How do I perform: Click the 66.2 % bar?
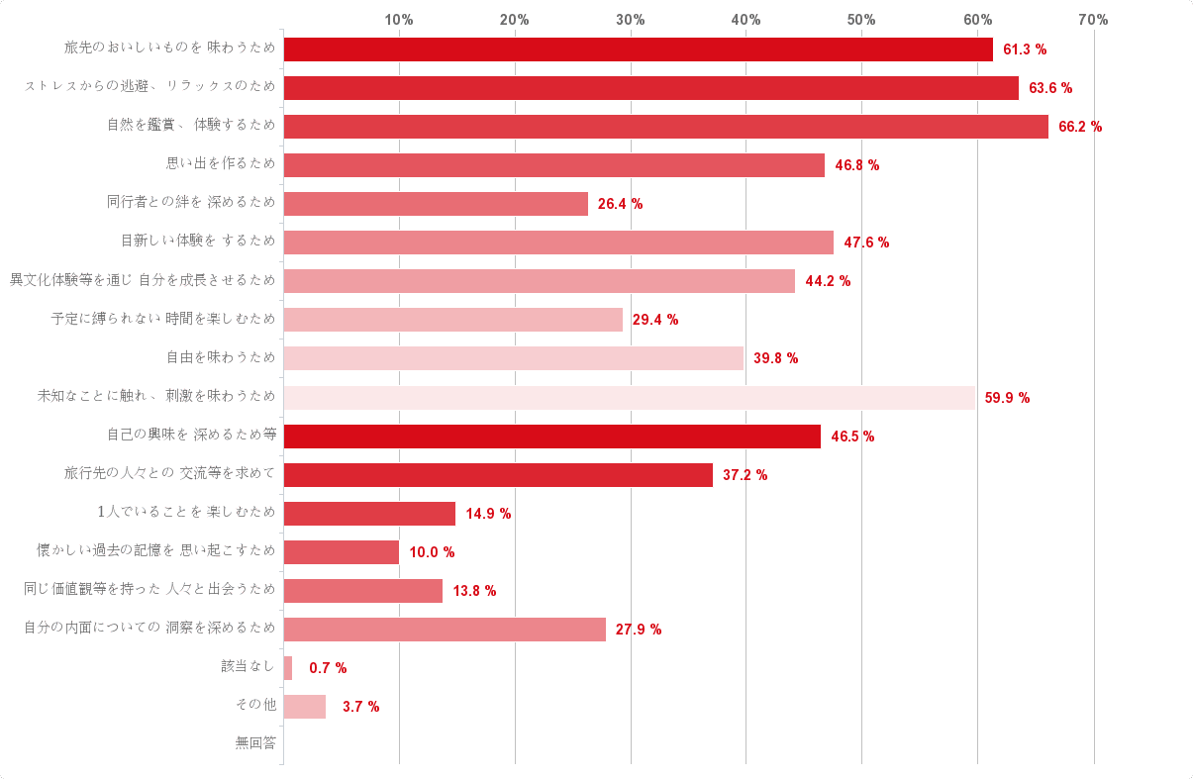click(x=665, y=127)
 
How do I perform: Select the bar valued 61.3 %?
click(x=638, y=49)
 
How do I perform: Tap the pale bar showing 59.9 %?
click(x=629, y=398)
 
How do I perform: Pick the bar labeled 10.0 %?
click(x=342, y=552)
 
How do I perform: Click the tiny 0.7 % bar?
click(x=288, y=668)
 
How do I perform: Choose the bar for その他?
click(x=305, y=707)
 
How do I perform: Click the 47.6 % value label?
click(x=866, y=243)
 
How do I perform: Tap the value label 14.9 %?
click(x=488, y=514)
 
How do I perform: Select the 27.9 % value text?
click(x=639, y=630)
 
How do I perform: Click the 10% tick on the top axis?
click(x=399, y=20)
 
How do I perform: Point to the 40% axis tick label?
click(x=746, y=20)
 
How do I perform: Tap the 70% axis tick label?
click(x=1093, y=20)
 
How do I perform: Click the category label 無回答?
click(x=255, y=742)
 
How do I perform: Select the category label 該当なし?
click(x=249, y=666)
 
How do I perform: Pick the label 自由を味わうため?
click(x=221, y=357)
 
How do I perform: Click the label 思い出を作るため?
click(x=221, y=164)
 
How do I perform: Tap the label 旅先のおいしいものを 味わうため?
click(x=170, y=49)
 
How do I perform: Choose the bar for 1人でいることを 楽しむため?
click(x=369, y=514)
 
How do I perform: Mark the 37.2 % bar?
click(x=498, y=475)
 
